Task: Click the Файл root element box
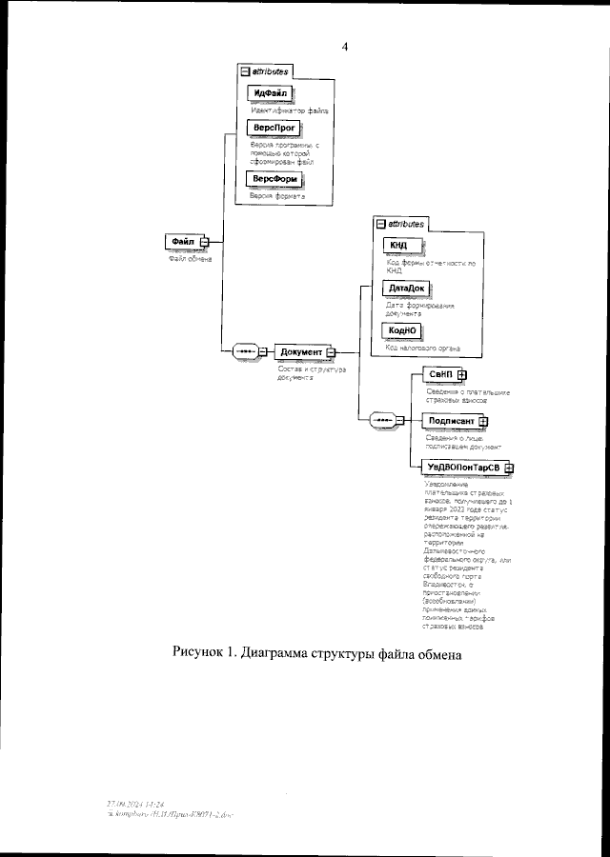coord(181,242)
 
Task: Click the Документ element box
coord(301,351)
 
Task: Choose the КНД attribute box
coord(398,245)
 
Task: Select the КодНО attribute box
coord(401,330)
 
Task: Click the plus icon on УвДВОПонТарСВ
coord(509,467)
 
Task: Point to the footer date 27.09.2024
coord(130,804)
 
